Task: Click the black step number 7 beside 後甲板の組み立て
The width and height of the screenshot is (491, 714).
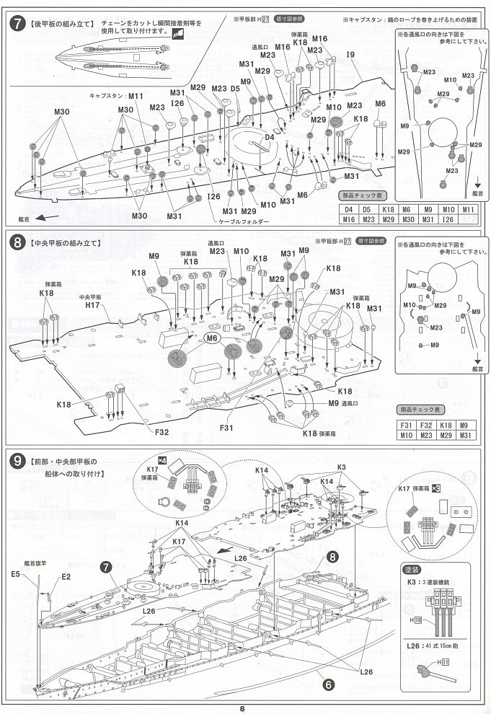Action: (15, 23)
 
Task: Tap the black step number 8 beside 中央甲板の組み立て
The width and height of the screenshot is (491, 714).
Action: (15, 243)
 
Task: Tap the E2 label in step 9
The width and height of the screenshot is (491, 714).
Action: (66, 577)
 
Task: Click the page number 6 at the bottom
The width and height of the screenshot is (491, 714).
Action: (244, 707)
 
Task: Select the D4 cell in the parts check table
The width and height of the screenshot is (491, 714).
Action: (349, 211)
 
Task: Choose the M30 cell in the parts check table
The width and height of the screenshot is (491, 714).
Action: (409, 220)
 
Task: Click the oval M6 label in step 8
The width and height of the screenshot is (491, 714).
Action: (212, 338)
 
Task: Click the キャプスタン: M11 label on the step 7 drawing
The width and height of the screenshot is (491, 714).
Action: (117, 95)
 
